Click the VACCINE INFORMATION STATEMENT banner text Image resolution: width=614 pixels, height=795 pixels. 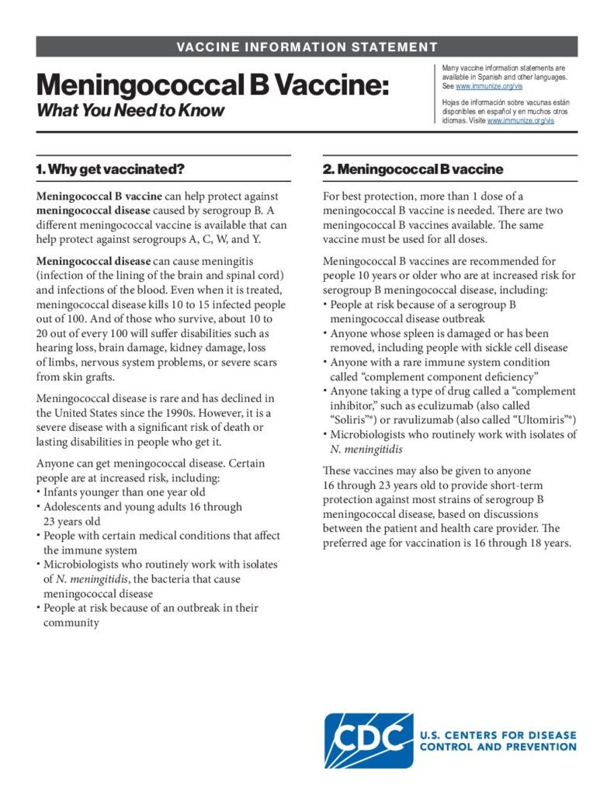pos(307,47)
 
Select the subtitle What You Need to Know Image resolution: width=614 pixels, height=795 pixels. pos(130,110)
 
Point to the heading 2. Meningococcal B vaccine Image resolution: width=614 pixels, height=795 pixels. pos(413,169)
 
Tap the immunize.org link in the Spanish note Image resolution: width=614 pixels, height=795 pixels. pos(520,121)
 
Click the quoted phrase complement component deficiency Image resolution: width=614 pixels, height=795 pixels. pos(437,377)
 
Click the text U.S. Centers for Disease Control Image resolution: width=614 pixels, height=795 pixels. pos(498,735)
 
